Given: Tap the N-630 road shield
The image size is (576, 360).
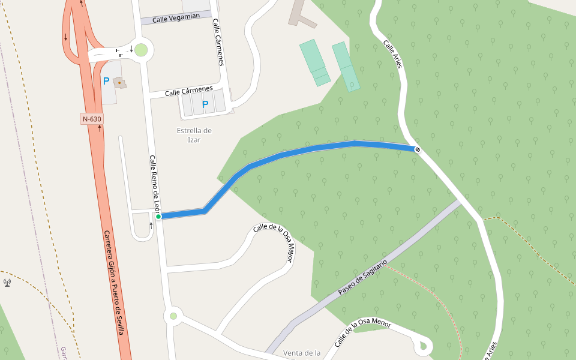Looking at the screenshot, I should pyautogui.click(x=92, y=119).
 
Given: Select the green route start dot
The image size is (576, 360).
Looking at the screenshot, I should pyautogui.click(x=158, y=217).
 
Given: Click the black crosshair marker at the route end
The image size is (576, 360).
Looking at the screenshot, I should pyautogui.click(x=417, y=149).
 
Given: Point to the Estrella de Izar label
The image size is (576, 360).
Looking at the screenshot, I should pyautogui.click(x=194, y=135).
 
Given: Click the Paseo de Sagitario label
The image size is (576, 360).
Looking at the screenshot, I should pyautogui.click(x=362, y=277).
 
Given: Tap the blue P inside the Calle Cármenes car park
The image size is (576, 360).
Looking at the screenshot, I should pyautogui.click(x=205, y=104).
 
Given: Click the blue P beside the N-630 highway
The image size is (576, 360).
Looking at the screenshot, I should pyautogui.click(x=106, y=81).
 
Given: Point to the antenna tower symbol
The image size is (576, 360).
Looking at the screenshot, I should pyautogui.click(x=7, y=282).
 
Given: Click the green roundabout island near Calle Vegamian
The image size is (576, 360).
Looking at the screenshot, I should pyautogui.click(x=141, y=50).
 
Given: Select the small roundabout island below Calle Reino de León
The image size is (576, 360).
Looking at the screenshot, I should pyautogui.click(x=173, y=316).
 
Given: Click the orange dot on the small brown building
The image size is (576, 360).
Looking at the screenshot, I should pyautogui.click(x=119, y=82).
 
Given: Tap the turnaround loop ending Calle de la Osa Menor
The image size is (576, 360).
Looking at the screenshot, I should pyautogui.click(x=424, y=346).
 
